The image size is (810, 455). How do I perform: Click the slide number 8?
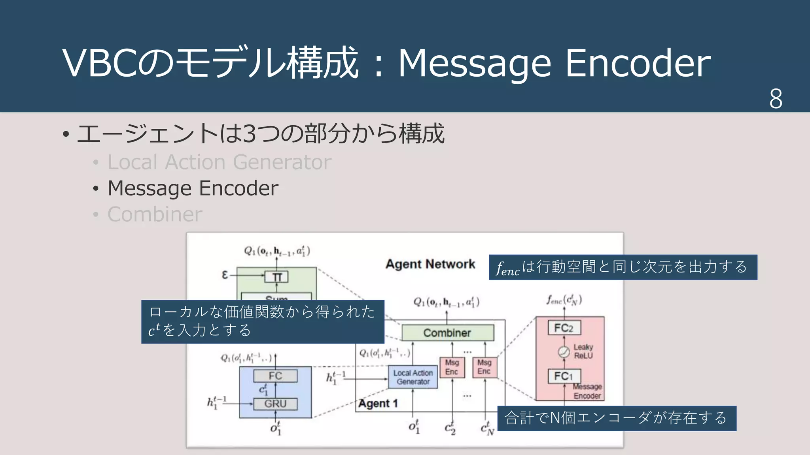(x=776, y=98)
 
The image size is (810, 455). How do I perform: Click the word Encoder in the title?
(x=638, y=63)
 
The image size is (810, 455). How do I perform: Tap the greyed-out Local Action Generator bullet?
(x=219, y=162)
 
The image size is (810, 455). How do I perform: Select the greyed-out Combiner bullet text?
(x=155, y=214)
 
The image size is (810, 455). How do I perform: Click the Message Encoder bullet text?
(x=193, y=188)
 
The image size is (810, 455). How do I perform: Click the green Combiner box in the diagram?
(x=447, y=333)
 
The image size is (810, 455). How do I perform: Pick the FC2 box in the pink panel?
(x=564, y=328)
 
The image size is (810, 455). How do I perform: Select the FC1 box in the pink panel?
(x=564, y=376)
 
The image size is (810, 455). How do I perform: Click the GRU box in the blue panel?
(x=275, y=404)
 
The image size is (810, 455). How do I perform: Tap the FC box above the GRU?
(x=275, y=376)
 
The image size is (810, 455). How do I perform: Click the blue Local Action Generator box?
(x=413, y=377)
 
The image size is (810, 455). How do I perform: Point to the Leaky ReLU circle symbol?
(x=564, y=352)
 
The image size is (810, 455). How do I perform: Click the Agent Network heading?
(x=430, y=264)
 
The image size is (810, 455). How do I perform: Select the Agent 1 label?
(x=378, y=404)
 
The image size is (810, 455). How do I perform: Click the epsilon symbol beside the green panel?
(x=225, y=275)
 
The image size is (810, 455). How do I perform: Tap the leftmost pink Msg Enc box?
(x=452, y=367)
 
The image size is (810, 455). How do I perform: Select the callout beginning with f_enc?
(x=623, y=267)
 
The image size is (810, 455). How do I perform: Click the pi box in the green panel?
(x=276, y=277)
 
